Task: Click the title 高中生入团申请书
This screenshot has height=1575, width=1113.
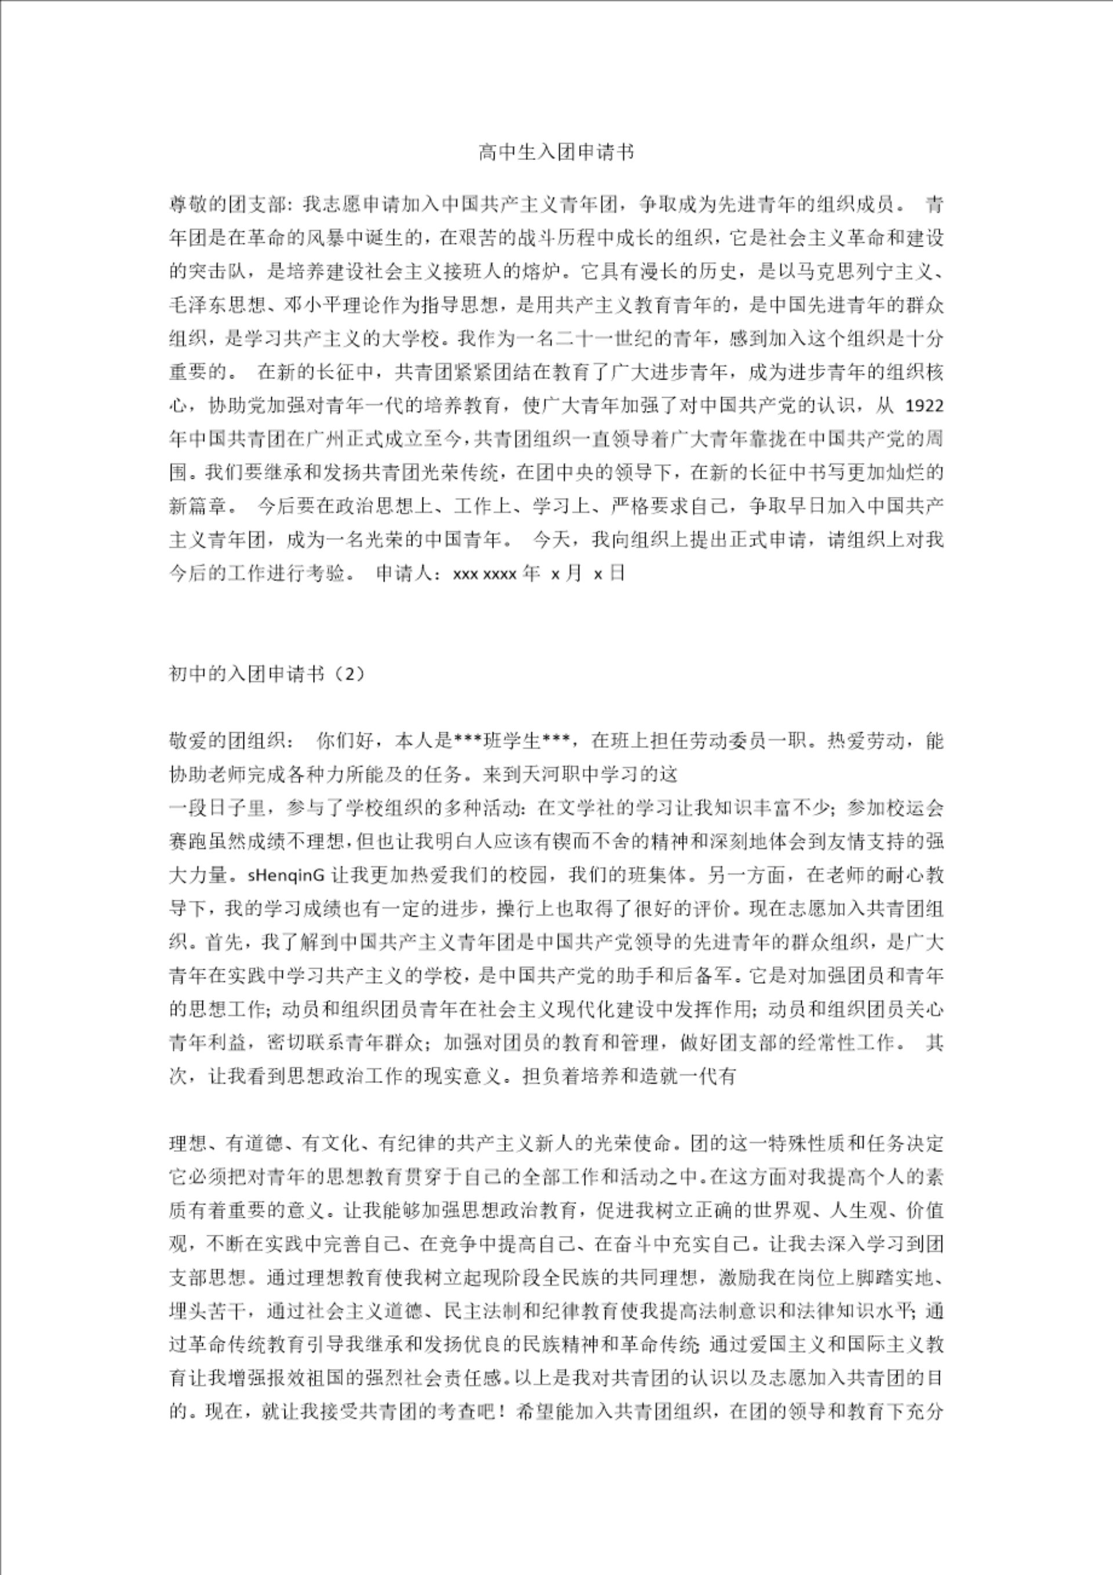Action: coord(556,153)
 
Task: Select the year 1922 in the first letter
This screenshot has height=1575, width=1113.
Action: coord(924,406)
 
